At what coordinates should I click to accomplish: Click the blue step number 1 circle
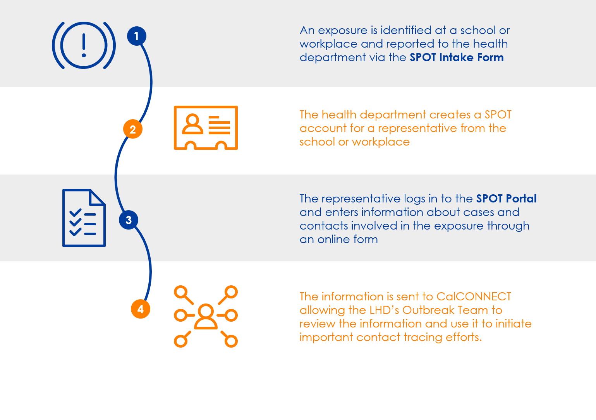[x=136, y=36]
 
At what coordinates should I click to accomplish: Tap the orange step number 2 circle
[x=133, y=129]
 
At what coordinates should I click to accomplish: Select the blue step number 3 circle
[x=129, y=220]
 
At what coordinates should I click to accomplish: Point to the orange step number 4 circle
[x=141, y=309]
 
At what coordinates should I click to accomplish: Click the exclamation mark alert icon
[x=84, y=45]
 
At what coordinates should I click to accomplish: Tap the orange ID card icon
[x=206, y=128]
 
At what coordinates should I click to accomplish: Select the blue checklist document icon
[x=84, y=218]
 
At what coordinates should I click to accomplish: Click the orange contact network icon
[x=206, y=316]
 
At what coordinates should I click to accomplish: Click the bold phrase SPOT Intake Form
[x=457, y=57]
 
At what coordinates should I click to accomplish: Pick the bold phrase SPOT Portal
[x=506, y=199]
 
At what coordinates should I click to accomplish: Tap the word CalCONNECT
[x=474, y=297]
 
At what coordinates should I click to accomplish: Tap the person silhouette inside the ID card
[x=192, y=124]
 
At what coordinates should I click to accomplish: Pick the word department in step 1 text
[x=333, y=57]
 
